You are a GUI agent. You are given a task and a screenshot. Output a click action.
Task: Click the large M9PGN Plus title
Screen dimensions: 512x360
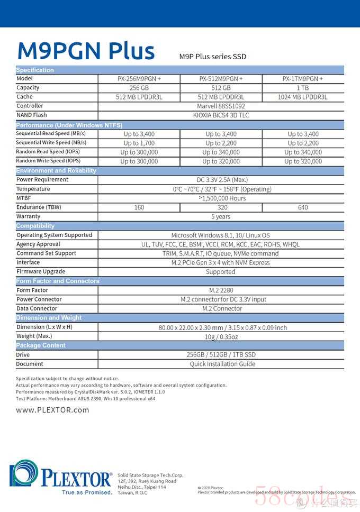[86, 51]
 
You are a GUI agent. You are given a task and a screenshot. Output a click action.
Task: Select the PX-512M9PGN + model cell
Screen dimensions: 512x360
[221, 79]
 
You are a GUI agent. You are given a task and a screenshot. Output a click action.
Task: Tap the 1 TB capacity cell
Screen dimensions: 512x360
[303, 88]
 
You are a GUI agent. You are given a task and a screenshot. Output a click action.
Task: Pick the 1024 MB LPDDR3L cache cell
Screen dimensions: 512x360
[303, 97]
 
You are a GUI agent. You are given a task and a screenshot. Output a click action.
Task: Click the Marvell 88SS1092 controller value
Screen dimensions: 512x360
[221, 106]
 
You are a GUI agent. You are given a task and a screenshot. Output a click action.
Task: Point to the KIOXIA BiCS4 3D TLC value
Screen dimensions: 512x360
[221, 115]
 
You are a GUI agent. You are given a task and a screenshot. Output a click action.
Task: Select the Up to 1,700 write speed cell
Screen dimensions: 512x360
[139, 143]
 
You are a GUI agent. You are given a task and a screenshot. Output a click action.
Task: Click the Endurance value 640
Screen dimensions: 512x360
[303, 207]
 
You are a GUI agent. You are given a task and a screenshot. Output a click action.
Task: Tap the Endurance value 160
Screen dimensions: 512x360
[139, 207]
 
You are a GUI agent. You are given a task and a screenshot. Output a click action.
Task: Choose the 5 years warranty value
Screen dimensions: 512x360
[221, 216]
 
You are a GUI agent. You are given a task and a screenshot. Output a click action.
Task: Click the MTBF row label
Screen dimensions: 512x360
[24, 198]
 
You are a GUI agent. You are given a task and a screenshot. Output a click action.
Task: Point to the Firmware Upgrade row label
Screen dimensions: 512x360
[40, 271]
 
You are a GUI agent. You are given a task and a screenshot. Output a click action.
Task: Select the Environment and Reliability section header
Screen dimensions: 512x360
[56, 170]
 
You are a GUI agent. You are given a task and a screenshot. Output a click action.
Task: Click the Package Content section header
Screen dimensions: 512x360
[41, 345]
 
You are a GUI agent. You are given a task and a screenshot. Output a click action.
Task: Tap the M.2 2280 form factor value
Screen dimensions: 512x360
[221, 290]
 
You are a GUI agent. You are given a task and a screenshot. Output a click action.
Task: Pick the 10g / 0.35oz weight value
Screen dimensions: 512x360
[221, 336]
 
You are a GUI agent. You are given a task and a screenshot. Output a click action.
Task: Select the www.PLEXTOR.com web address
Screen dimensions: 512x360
[52, 410]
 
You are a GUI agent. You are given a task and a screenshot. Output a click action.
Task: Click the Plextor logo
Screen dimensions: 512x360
[61, 476]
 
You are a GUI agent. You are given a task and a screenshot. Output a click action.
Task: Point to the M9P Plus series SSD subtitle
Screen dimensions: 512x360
[212, 57]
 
